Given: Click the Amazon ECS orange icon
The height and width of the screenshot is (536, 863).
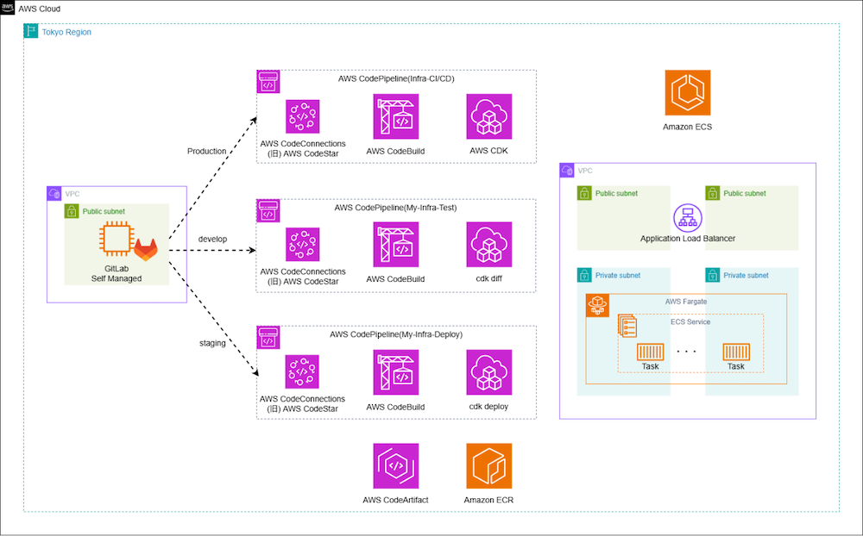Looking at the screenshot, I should [x=687, y=93].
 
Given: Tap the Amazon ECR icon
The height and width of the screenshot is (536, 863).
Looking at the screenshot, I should [x=488, y=466].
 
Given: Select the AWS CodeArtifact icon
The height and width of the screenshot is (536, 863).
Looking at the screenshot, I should [x=396, y=466].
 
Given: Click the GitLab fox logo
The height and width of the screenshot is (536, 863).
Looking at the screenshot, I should [x=146, y=251].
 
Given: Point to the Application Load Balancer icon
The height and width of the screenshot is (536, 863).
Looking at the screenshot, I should [x=688, y=219].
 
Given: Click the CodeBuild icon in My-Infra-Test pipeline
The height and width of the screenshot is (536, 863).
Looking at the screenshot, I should [x=396, y=245].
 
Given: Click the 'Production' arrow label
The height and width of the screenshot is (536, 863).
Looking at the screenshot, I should [x=207, y=152].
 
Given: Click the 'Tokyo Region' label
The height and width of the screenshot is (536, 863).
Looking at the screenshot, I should [x=66, y=32].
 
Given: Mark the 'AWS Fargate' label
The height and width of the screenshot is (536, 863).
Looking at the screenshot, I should [x=687, y=302].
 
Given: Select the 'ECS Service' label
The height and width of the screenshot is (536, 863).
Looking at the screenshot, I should [x=691, y=322].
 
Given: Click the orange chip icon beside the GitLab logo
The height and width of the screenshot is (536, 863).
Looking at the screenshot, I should [x=115, y=238].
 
